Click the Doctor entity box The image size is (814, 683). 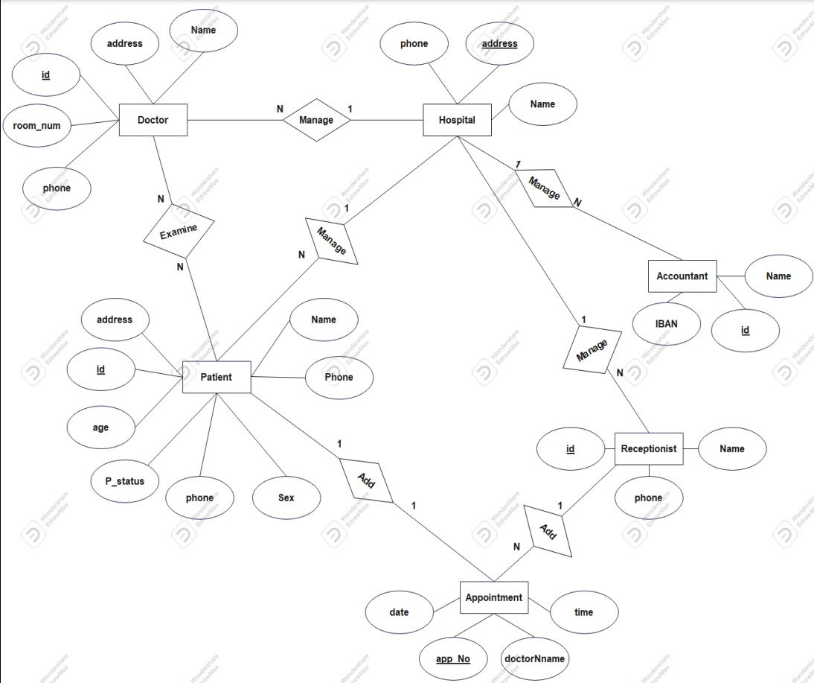153,120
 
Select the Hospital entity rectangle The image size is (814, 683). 457,120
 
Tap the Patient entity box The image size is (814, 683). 217,377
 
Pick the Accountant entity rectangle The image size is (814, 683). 682,276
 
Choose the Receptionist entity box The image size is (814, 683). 649,448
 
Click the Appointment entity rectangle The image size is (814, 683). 494,597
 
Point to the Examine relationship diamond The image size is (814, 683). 179,231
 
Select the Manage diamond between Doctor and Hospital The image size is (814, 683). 316,120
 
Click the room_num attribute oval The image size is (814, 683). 36,125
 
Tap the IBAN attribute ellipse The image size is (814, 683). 667,324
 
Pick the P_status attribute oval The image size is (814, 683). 125,481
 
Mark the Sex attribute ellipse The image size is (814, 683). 286,498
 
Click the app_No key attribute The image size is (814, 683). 453,658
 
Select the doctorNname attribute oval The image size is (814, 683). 534,658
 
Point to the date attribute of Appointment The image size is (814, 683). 400,612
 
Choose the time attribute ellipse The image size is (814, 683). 584,612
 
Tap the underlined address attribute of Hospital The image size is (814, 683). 499,44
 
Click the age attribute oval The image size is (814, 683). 101,428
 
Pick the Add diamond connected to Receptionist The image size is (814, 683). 548,532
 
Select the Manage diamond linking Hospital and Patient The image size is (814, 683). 332,241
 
